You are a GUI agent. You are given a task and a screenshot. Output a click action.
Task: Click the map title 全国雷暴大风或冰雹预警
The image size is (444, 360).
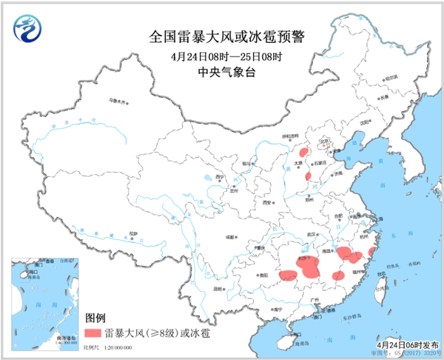[222, 37]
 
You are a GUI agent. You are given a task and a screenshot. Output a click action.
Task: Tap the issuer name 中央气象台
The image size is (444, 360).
[222, 72]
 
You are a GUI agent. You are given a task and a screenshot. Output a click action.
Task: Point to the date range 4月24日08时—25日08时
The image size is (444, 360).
[222, 56]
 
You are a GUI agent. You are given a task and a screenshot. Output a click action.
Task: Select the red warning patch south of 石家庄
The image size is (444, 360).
[309, 177]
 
